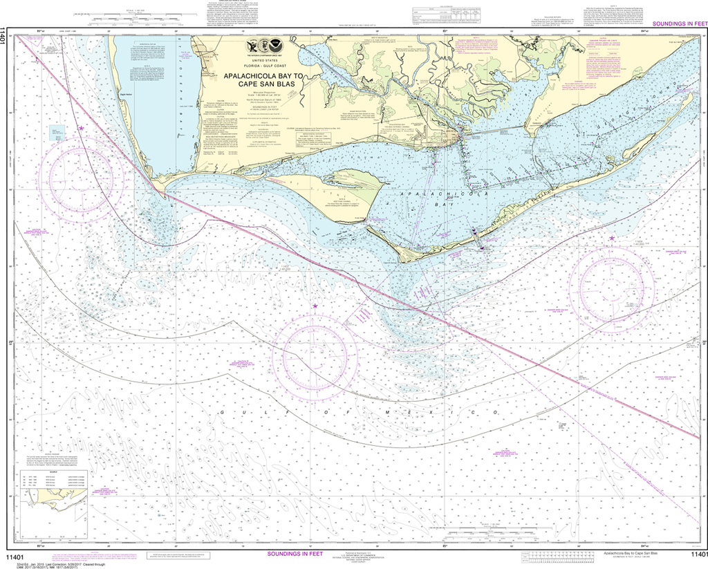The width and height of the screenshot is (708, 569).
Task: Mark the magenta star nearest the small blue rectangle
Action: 81,128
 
